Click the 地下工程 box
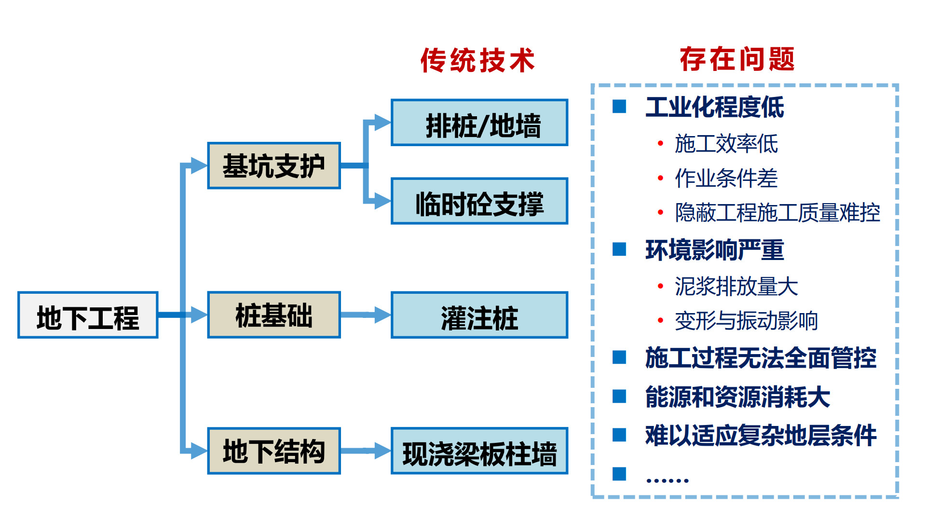pyautogui.click(x=88, y=315)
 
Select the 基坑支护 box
pyautogui.click(x=274, y=165)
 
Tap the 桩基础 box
pyautogui.click(x=274, y=315)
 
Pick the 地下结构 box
pyautogui.click(x=274, y=451)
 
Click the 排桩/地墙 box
pyautogui.click(x=479, y=123)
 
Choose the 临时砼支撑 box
pyautogui.click(x=479, y=201)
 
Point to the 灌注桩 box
pyautogui.click(x=479, y=315)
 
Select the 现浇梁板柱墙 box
pyautogui.click(x=479, y=451)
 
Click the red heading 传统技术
pyautogui.click(x=477, y=60)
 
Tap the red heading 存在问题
pyautogui.click(x=737, y=59)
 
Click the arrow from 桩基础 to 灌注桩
pyautogui.click(x=366, y=315)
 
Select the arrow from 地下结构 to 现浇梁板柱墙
pyautogui.click(x=366, y=451)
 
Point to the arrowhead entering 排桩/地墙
pyautogui.click(x=382, y=123)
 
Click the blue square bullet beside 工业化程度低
pyautogui.click(x=619, y=107)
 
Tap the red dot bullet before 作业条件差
pyautogui.click(x=660, y=178)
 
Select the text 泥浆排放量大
pyautogui.click(x=736, y=286)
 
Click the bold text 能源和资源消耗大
pyautogui.click(x=737, y=397)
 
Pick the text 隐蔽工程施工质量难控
pyautogui.click(x=777, y=213)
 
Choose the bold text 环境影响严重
pyautogui.click(x=714, y=250)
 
